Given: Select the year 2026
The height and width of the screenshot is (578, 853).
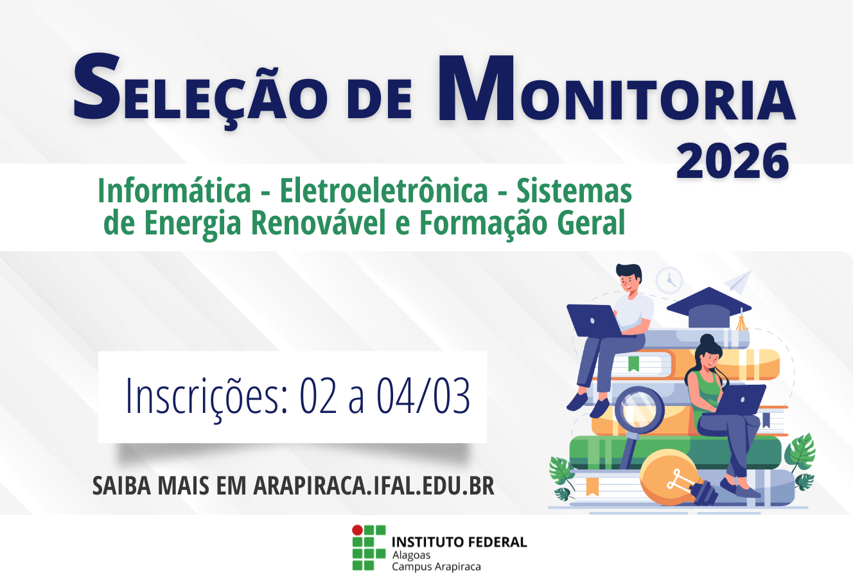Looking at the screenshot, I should (732, 162).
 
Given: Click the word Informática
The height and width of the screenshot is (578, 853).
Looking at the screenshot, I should (174, 191).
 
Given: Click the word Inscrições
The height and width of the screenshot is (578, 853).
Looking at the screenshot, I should (206, 395).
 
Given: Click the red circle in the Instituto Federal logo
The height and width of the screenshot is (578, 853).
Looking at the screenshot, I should (356, 530).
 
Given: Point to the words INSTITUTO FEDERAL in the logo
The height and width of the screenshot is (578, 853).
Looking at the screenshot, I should (459, 542).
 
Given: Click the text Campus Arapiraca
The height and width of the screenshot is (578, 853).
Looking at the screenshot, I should (436, 566).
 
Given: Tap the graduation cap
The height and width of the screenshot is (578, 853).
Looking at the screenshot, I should (708, 307).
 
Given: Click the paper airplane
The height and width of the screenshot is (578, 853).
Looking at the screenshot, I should (738, 281).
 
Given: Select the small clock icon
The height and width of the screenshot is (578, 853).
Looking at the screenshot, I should (669, 280).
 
